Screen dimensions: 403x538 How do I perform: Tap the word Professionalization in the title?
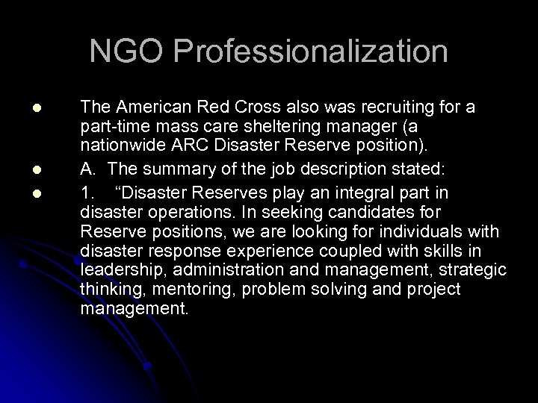313,52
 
